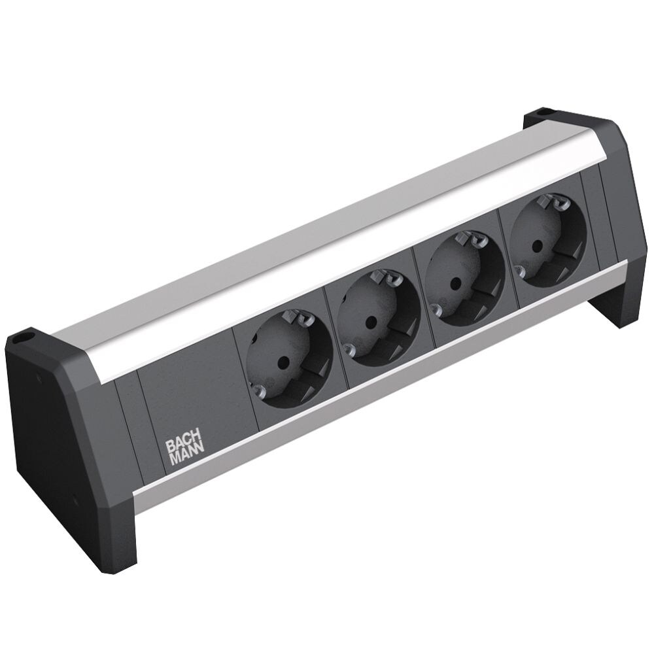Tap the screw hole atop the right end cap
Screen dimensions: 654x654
[542, 113]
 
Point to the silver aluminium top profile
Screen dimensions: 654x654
[327, 249]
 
